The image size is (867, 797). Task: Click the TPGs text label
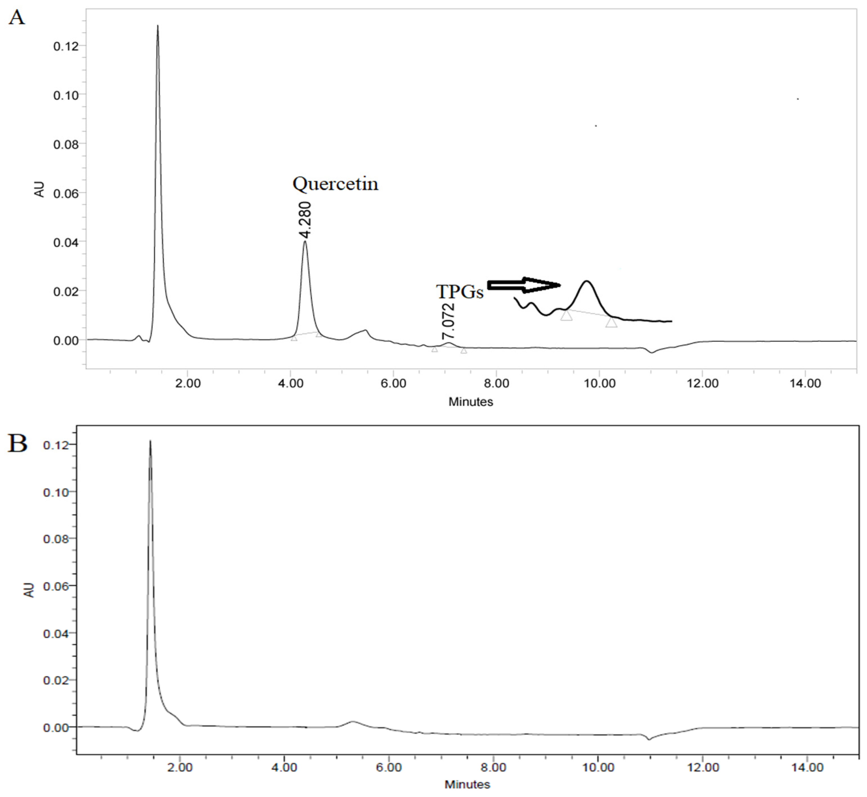coord(460,292)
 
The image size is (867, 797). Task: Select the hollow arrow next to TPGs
coord(524,285)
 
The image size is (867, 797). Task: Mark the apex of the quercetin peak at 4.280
coord(305,242)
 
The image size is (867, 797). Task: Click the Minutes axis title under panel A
coord(471,402)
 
